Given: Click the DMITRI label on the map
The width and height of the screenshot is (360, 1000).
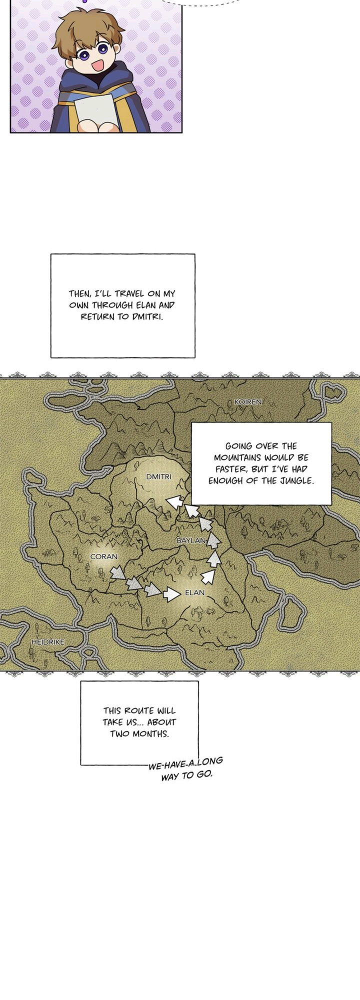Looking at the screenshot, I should [158, 476].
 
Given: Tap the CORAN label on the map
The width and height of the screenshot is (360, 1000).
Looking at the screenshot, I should [103, 556].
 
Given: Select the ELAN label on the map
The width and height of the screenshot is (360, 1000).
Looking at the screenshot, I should [194, 592].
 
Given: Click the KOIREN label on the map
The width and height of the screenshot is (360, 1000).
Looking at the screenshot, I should [248, 401].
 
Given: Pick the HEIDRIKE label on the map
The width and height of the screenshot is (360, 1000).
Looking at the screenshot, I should [47, 641].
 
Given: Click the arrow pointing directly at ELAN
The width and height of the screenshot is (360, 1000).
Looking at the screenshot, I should [171, 594].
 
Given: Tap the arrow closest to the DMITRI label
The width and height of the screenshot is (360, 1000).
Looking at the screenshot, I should [174, 501].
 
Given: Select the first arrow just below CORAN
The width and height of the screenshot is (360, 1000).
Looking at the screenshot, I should [118, 572].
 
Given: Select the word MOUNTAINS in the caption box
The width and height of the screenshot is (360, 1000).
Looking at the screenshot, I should [235, 457].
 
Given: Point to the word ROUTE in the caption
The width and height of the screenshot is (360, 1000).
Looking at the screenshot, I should [141, 710].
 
